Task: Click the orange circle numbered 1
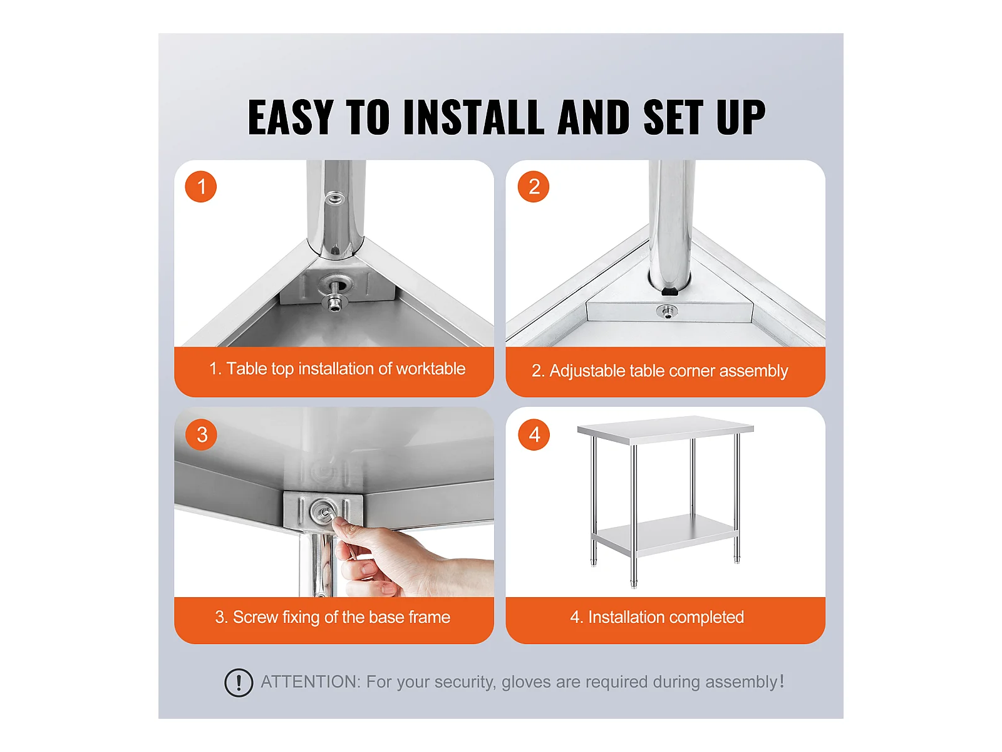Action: [200, 186]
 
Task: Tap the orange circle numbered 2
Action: [533, 186]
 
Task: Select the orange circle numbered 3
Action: [201, 434]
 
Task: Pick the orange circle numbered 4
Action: [534, 434]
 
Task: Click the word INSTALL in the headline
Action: [473, 117]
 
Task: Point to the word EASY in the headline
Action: [291, 117]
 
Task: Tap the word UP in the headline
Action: [740, 117]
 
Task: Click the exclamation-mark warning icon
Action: [239, 682]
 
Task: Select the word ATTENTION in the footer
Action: [311, 682]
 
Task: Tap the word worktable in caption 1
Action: [430, 368]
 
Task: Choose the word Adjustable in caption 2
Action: [587, 371]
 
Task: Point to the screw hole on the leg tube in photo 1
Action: [334, 198]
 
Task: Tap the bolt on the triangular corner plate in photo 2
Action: [666, 312]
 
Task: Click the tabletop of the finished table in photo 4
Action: [665, 430]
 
